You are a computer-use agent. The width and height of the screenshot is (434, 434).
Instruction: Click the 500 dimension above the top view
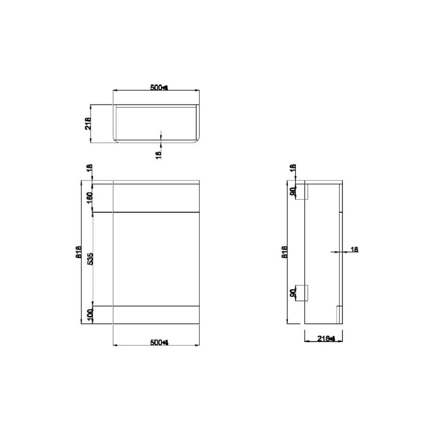coord(158,87)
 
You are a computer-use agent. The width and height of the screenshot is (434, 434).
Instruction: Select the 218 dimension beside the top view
coord(88,124)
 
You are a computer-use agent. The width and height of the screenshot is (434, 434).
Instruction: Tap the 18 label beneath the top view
coord(159,154)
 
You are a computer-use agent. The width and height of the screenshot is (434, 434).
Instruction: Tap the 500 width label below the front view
coord(158,342)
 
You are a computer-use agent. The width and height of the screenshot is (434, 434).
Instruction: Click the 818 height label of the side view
coord(284,253)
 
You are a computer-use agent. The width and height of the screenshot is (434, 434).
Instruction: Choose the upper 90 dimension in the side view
coord(292,191)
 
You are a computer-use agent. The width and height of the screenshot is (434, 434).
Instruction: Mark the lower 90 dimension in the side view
coord(292,293)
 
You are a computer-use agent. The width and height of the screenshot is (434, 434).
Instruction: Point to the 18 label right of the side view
coord(354,249)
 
